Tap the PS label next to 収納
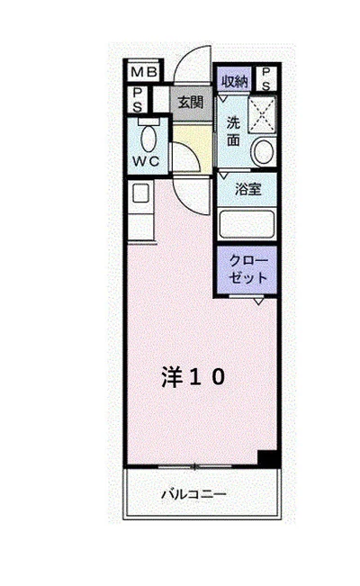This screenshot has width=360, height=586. point(266,79)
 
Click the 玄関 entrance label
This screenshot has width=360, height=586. point(189,102)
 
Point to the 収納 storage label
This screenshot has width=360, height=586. point(234,79)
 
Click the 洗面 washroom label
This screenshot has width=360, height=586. point(233,131)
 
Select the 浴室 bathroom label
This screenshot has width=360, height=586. point(247,190)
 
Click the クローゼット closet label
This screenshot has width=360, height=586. point(247,269)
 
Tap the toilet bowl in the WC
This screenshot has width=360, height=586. point(149,137)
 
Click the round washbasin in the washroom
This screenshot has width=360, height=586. point(262,153)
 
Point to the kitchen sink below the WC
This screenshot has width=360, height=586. point(139,194)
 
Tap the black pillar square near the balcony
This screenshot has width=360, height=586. point(266,457)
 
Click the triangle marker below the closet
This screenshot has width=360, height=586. point(258,302)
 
